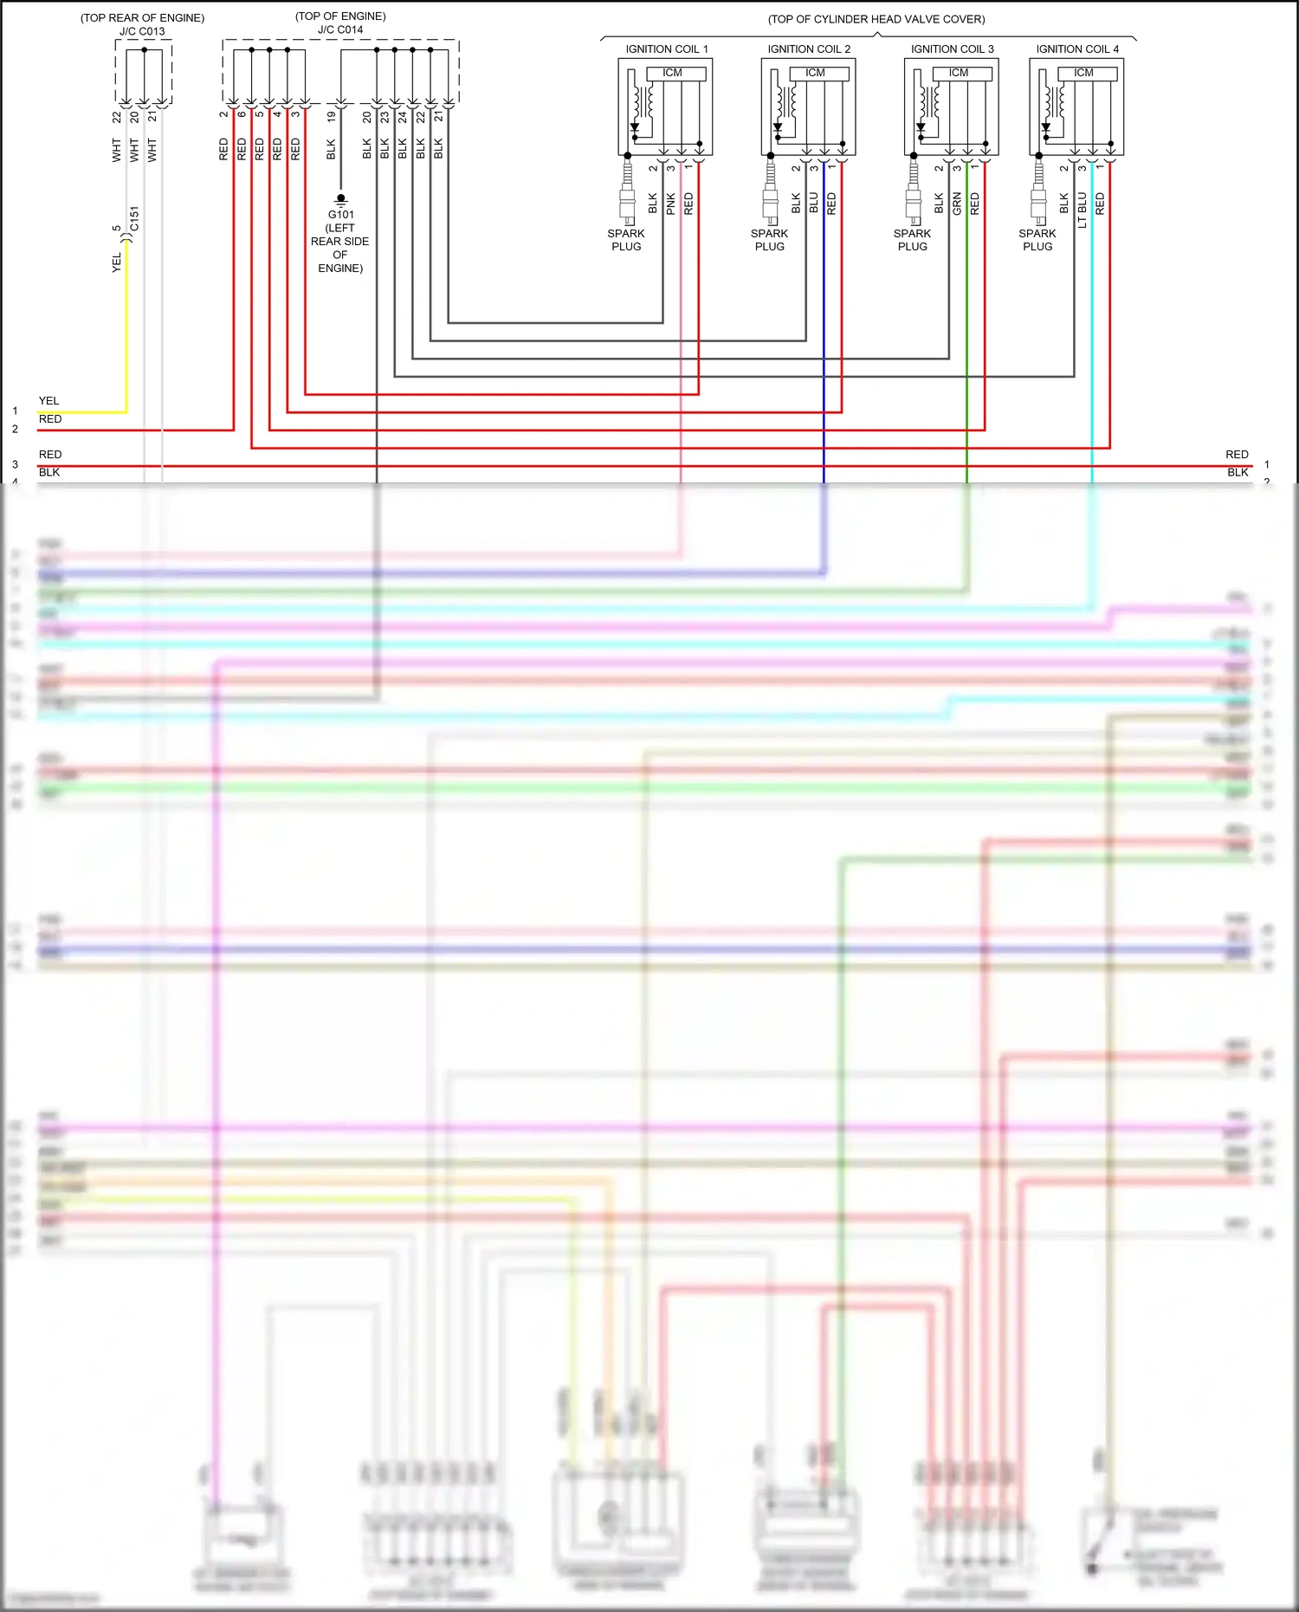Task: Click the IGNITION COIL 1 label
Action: click(x=667, y=49)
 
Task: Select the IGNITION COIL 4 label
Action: click(x=1077, y=49)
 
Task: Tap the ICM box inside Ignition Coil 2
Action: click(x=816, y=73)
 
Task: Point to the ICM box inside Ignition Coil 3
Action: click(x=959, y=73)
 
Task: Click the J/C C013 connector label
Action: click(x=142, y=31)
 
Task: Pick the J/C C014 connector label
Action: click(x=340, y=29)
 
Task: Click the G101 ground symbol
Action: click(x=340, y=199)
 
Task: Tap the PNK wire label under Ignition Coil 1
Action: click(x=671, y=204)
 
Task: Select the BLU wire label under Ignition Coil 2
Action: click(x=814, y=204)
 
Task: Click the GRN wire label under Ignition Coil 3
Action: click(x=957, y=204)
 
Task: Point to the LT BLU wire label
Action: click(x=1082, y=210)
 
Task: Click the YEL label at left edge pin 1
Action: click(x=49, y=401)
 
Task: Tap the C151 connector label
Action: click(x=134, y=218)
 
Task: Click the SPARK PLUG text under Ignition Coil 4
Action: click(x=1037, y=240)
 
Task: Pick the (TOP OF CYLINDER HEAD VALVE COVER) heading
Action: click(x=876, y=19)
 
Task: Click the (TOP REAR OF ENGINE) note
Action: click(x=143, y=17)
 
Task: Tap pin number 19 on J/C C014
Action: click(x=331, y=116)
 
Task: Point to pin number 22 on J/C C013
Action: click(x=117, y=117)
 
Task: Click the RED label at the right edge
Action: click(x=1237, y=455)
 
